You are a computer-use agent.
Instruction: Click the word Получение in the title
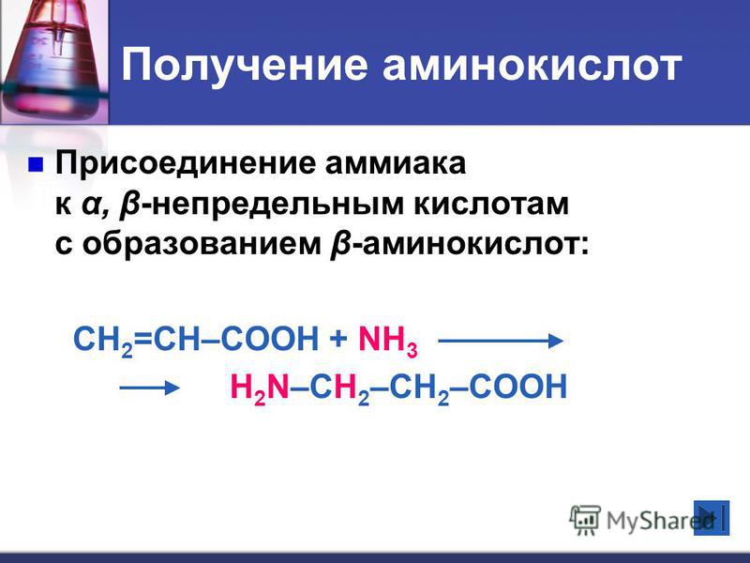coord(245,66)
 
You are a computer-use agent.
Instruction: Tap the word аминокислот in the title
coord(532,65)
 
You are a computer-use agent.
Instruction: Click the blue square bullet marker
coord(36,164)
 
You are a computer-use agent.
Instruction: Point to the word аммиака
coord(396,163)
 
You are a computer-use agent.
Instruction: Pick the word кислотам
coord(491,205)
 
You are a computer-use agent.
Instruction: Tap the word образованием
coord(202,245)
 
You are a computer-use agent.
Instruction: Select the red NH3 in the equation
coord(388,341)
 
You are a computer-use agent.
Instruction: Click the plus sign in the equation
coord(338,340)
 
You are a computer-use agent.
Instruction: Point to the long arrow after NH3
coord(501,341)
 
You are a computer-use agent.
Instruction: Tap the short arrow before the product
coord(149,388)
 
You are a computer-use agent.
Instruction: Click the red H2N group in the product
coord(260,388)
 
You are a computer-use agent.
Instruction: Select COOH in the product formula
coord(518,386)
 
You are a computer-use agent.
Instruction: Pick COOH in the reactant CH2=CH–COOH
coord(270,339)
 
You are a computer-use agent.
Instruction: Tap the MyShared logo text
coord(659,520)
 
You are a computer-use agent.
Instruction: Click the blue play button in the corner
coord(712,518)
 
